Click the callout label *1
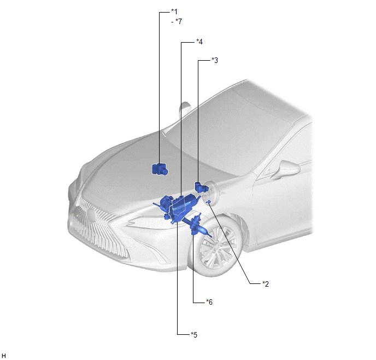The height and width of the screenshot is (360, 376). (x=174, y=11)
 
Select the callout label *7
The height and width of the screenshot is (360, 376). (x=179, y=21)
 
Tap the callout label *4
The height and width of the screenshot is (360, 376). (x=199, y=42)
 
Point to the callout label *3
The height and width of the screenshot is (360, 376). (x=215, y=60)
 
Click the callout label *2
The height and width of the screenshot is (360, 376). (x=266, y=284)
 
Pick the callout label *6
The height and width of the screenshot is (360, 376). (x=209, y=302)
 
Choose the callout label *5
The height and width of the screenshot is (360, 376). (x=194, y=335)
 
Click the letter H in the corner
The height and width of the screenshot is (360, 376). (x=4, y=356)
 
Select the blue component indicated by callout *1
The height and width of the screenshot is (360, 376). (x=160, y=169)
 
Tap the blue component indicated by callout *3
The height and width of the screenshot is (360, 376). (x=200, y=187)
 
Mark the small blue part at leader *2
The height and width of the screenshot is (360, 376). (x=208, y=202)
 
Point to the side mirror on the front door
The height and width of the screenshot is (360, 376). (x=286, y=170)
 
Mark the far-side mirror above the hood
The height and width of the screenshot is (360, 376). (x=185, y=109)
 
